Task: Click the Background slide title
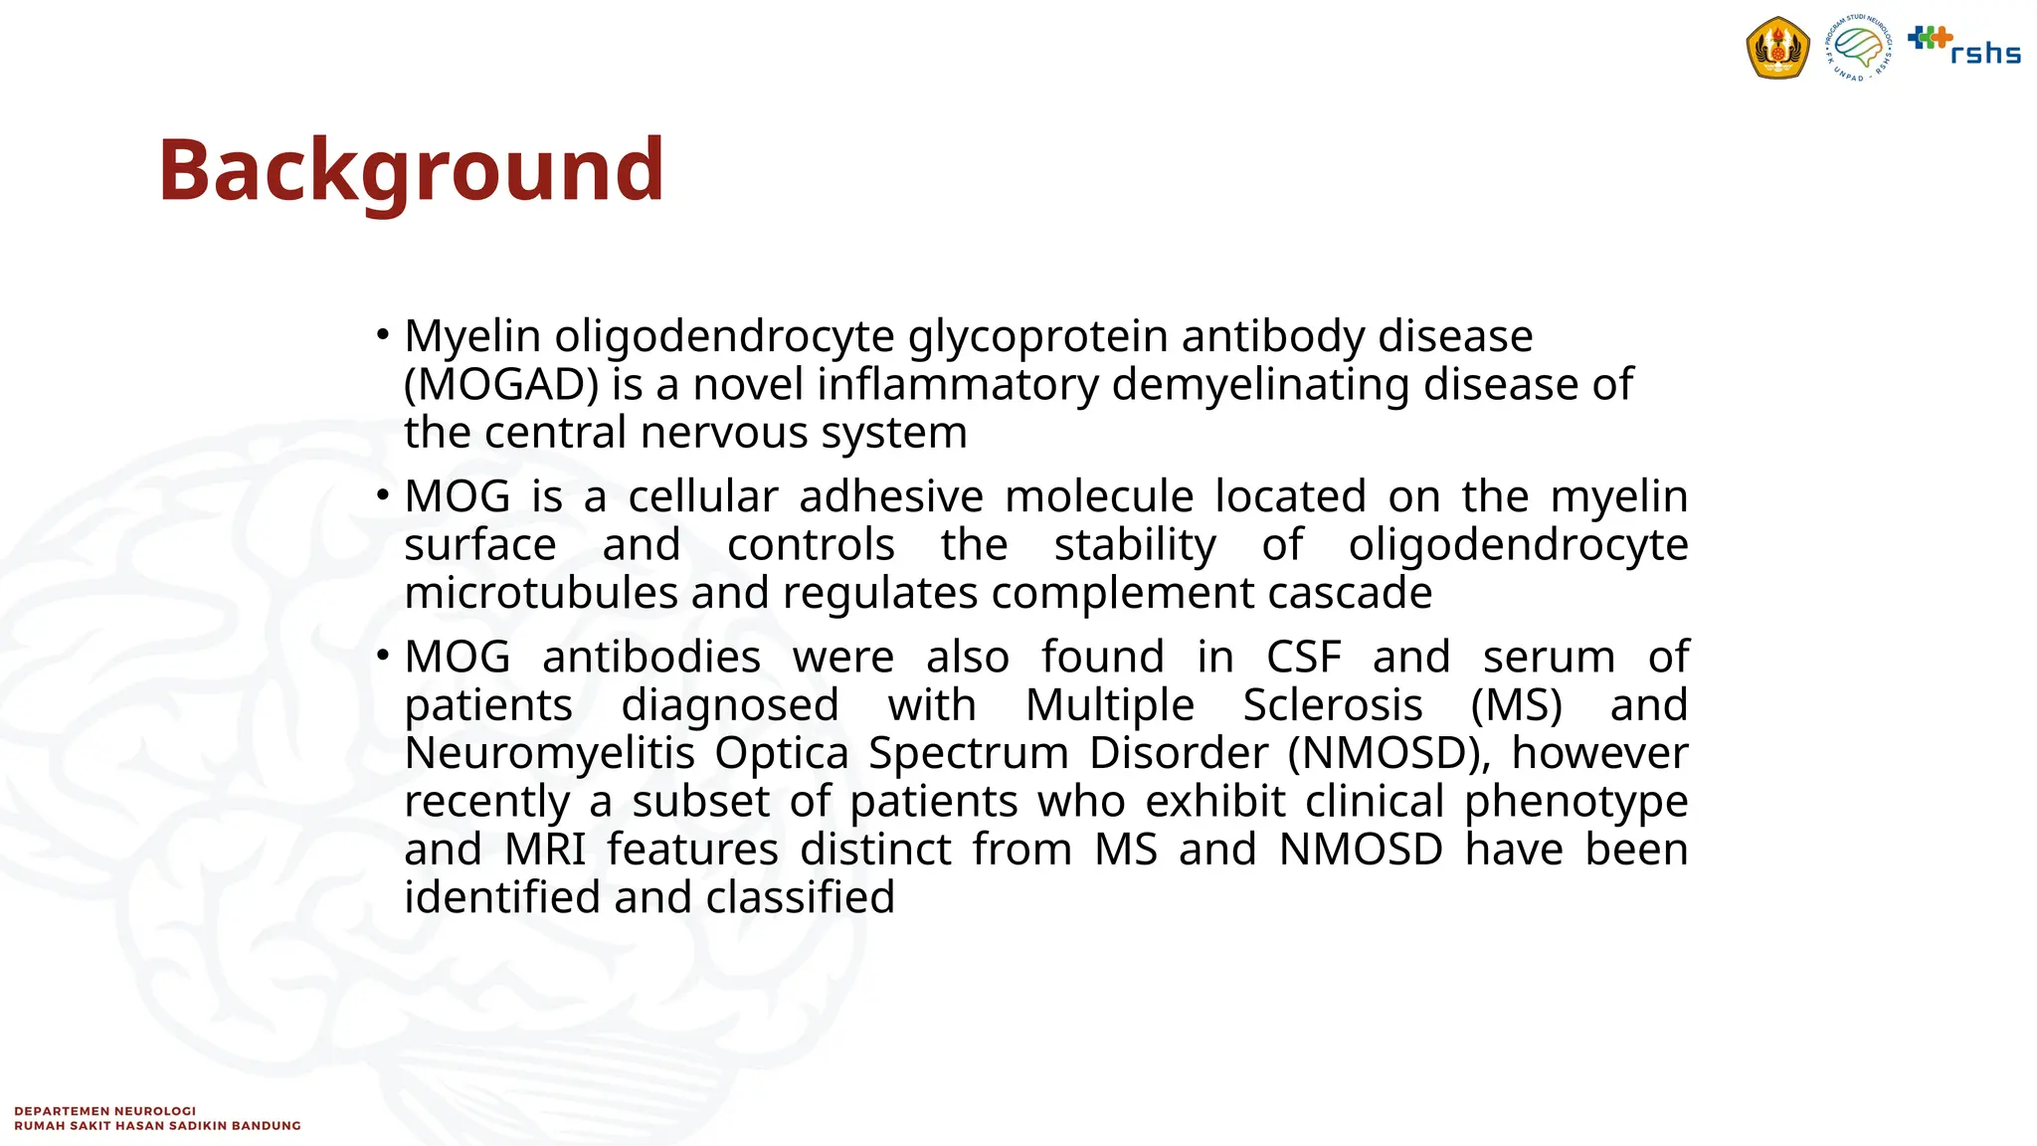point(411,171)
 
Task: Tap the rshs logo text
point(1984,53)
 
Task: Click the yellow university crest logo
point(1777,48)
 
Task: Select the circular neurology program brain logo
point(1858,48)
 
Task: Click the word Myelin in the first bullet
point(472,337)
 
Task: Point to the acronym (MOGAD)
point(501,385)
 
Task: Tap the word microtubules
point(541,594)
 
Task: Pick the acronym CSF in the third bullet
point(1303,658)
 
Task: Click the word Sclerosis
point(1333,705)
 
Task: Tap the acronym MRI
point(545,850)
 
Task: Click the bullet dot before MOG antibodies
point(383,656)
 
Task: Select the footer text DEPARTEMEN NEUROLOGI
point(105,1111)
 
